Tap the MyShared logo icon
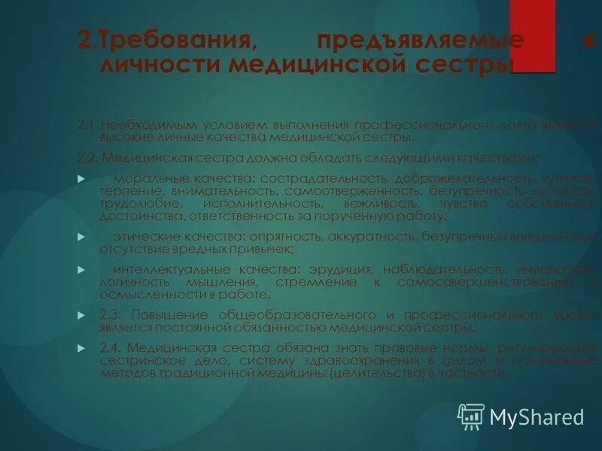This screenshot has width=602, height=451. pos(471,416)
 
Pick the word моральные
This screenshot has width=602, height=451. pos(143,179)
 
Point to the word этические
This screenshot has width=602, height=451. pos(143,236)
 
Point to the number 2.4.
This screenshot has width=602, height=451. pos(111,348)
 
